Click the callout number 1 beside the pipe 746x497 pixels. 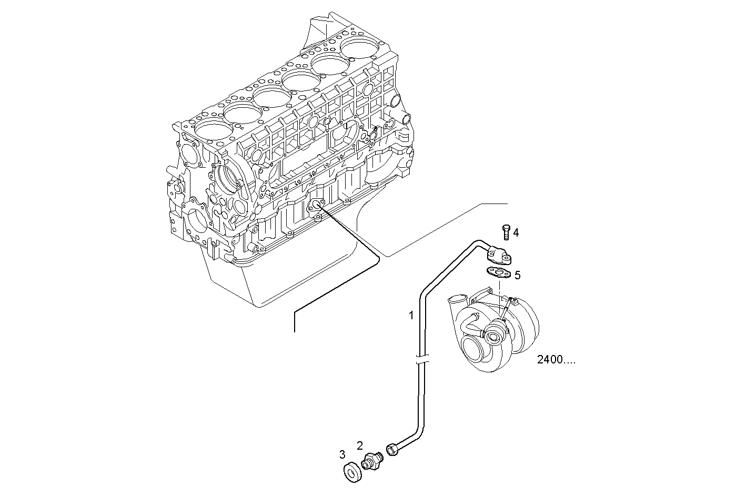coord(412,316)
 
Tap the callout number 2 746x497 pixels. coord(360,445)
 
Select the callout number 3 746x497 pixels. coord(342,454)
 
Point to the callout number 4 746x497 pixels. coord(516,232)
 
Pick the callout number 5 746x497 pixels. coord(517,275)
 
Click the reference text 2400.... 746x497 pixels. coord(556,360)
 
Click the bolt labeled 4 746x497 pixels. coord(506,231)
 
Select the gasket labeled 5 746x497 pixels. coord(497,272)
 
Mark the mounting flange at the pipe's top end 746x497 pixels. coord(499,256)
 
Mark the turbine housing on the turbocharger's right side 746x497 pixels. coord(523,326)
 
